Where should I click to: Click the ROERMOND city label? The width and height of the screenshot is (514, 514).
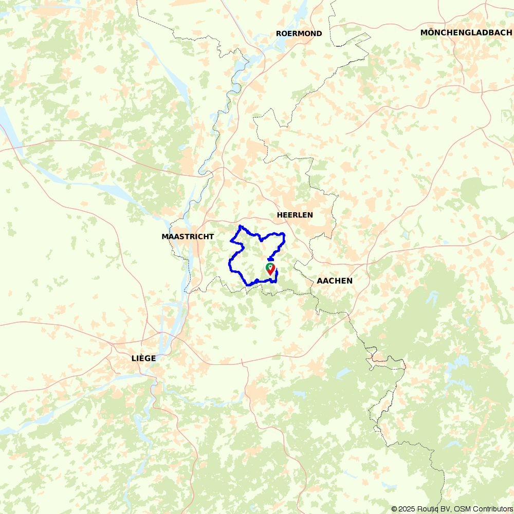point(299,33)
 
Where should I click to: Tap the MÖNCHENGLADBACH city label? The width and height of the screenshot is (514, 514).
point(466,32)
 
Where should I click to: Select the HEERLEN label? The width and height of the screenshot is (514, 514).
point(295,215)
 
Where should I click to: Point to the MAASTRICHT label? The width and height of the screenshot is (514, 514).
point(188,236)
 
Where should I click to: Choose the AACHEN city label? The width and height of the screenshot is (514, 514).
point(335,281)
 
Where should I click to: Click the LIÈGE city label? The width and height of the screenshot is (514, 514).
point(143,358)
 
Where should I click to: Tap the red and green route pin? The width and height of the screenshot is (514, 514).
point(270,269)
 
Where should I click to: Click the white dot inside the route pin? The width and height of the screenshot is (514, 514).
point(270,267)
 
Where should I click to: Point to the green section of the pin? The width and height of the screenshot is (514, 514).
point(267,266)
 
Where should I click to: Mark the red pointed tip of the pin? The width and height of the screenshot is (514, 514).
point(270,274)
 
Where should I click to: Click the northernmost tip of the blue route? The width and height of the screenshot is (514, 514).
point(240,226)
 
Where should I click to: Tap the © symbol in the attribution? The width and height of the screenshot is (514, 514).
point(394,509)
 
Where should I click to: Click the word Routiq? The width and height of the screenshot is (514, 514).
point(427,509)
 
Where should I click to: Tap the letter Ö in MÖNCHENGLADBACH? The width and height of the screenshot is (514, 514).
point(431,32)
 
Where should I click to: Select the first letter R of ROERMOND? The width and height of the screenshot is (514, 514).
point(279,33)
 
